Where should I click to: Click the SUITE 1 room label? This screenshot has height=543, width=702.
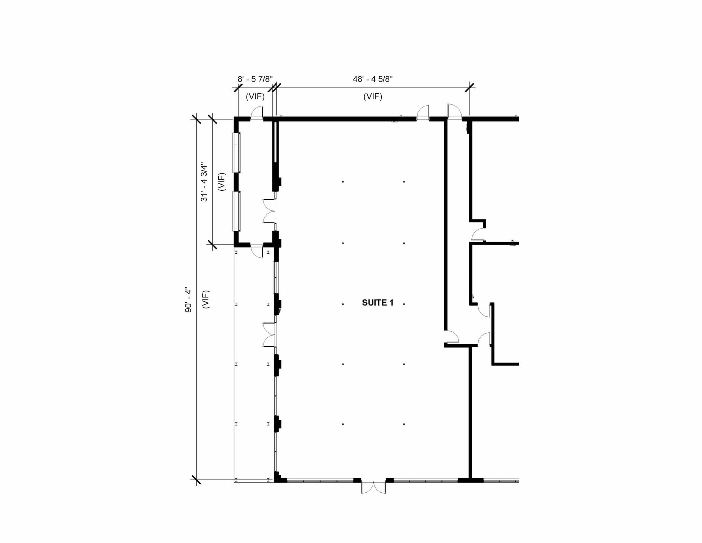(377, 303)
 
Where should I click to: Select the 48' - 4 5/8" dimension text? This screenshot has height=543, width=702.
(373, 79)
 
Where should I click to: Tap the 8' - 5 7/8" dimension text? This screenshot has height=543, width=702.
(255, 79)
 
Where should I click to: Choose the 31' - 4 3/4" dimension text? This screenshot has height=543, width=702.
(204, 182)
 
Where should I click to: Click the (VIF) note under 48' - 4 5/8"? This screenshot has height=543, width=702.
(373, 97)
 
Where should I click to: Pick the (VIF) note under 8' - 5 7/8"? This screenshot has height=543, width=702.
(255, 97)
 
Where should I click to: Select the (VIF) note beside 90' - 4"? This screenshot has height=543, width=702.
(206, 299)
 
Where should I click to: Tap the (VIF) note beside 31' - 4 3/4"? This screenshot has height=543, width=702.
(222, 182)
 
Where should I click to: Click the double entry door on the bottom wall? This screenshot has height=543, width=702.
(373, 487)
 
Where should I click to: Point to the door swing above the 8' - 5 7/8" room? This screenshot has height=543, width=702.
(257, 112)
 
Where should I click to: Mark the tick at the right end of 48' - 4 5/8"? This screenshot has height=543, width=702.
(469, 87)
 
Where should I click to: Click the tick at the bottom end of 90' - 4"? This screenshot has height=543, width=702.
(196, 480)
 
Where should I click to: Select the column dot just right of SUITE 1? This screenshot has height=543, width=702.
(404, 304)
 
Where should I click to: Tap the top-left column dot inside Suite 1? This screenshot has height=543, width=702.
(343, 182)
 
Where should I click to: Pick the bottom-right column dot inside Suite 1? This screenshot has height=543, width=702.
(404, 424)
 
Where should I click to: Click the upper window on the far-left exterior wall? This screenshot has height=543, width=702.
(236, 152)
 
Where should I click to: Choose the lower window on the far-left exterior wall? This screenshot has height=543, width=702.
(236, 211)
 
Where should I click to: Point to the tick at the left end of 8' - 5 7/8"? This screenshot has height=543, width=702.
(238, 87)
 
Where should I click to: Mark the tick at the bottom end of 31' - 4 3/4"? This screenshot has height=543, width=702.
(212, 245)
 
